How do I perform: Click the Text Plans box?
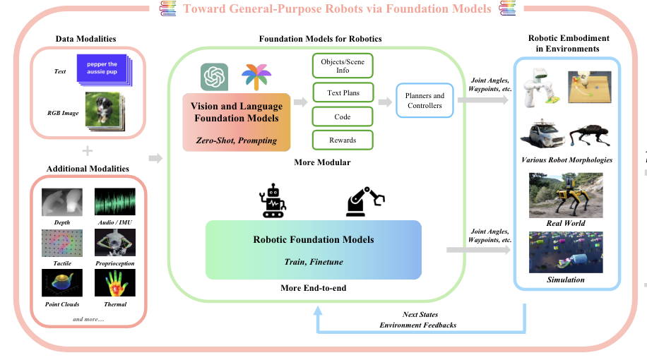343,92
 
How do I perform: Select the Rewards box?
343,140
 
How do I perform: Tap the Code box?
343,116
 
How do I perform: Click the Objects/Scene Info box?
343,66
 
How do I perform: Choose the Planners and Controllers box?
425,101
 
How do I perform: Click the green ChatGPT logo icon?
214,77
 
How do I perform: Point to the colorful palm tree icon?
256,77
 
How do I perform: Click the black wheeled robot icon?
273,201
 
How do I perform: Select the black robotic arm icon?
364,202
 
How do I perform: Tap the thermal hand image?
115,283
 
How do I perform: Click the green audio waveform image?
115,202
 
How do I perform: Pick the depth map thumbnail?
62,202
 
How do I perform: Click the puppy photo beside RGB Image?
104,110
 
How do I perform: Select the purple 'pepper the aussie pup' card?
102,69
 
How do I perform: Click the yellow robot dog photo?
566,196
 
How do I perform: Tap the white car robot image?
542,134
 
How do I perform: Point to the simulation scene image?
566,253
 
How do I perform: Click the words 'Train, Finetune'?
314,262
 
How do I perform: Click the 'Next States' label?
420,315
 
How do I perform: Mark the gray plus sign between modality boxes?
88,151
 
